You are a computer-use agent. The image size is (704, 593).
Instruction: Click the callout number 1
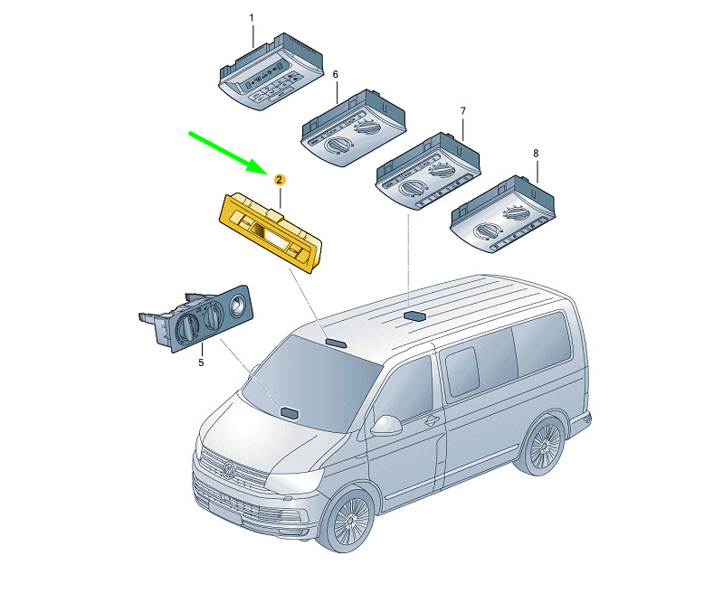(x=252, y=18)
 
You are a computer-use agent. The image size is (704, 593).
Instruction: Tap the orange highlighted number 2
(x=280, y=180)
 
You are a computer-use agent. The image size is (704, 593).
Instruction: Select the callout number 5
(x=201, y=362)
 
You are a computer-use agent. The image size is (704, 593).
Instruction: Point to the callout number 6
(x=336, y=74)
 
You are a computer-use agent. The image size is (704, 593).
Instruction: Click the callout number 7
(x=463, y=110)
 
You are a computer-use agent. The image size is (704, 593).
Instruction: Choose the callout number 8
(x=536, y=154)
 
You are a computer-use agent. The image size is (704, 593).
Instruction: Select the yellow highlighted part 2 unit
(x=271, y=232)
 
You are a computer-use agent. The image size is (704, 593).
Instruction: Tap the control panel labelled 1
(x=271, y=71)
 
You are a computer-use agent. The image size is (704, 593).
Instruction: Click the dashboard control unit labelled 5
(x=196, y=318)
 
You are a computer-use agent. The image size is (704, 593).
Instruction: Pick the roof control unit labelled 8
(x=503, y=213)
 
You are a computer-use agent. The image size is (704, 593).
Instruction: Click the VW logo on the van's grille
(x=229, y=471)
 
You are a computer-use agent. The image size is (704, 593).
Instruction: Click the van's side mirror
(x=386, y=426)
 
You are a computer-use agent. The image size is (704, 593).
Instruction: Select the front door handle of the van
(x=431, y=420)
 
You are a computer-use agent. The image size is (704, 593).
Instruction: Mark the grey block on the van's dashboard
(x=290, y=412)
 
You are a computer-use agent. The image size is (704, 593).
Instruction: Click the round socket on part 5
(x=236, y=306)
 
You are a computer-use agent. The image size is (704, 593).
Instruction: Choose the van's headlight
(x=294, y=480)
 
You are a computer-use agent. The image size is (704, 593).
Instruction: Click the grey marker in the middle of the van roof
(x=414, y=315)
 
